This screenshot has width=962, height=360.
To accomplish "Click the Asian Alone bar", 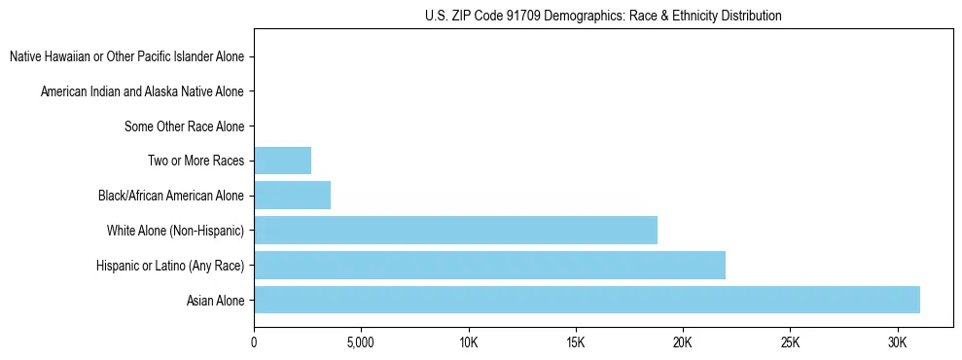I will (x=587, y=300).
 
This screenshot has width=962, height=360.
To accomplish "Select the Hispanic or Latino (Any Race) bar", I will (x=489, y=265).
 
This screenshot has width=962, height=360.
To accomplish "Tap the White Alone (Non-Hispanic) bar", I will (x=455, y=231).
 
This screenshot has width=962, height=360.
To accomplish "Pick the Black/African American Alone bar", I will (x=292, y=196).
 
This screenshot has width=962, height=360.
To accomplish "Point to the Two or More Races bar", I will (x=282, y=161).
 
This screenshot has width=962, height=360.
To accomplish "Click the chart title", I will (x=603, y=16).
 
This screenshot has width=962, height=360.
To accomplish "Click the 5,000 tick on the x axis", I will (x=361, y=343).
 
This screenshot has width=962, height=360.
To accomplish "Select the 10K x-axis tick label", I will (x=469, y=343).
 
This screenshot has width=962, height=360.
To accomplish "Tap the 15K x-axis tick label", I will (x=576, y=343).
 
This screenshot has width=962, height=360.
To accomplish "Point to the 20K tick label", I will (x=683, y=343).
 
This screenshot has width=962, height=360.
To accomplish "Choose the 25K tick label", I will (x=790, y=343).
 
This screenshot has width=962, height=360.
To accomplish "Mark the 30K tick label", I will (x=897, y=343).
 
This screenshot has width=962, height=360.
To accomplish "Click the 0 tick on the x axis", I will (x=254, y=343).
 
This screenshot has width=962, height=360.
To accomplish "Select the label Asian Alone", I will (x=215, y=301).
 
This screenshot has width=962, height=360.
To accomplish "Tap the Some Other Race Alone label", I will (x=184, y=126).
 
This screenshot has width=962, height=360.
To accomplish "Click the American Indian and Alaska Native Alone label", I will (x=142, y=91).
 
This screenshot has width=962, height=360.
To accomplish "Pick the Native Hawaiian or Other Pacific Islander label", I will (x=126, y=56).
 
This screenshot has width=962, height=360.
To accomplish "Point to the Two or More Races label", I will (x=196, y=161).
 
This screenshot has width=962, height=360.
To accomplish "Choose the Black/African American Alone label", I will (x=170, y=196).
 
